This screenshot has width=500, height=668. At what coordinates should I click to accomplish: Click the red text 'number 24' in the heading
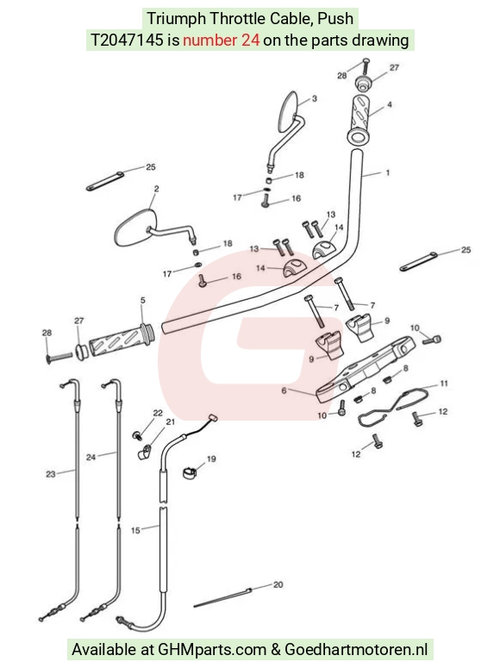222,40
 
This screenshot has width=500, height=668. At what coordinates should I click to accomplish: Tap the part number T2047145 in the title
127,40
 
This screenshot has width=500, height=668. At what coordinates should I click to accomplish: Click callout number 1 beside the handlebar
387,172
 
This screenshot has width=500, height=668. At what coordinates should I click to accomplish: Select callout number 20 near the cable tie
278,584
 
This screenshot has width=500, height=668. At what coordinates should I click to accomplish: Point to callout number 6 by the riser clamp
284,390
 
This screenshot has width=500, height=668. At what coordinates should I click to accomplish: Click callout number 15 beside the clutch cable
135,530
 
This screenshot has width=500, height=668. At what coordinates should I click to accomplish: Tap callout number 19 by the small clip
211,459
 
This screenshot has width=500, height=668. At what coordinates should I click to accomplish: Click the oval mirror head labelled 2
134,228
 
